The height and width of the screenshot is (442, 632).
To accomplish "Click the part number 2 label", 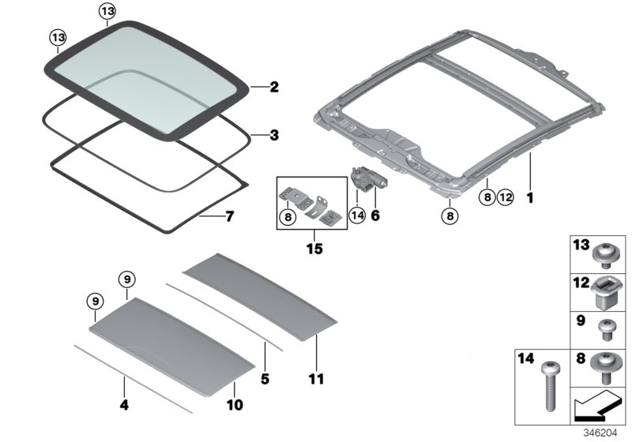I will click(274, 87).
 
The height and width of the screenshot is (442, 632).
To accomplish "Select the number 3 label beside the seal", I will click(274, 135).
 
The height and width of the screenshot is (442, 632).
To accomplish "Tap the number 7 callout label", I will click(230, 215).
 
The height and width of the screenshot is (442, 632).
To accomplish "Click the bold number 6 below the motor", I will click(375, 213).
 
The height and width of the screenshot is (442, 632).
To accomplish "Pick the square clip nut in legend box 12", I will click(607, 294).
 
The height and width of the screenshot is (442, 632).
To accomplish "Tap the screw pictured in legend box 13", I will click(607, 254).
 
